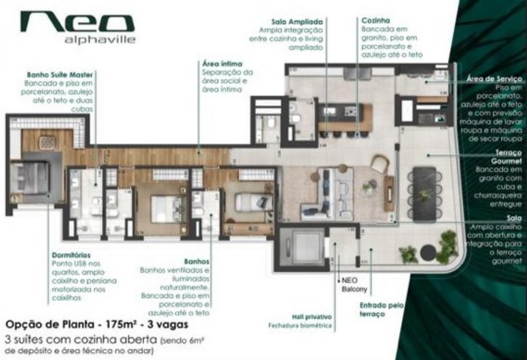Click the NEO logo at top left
click(x=77, y=23)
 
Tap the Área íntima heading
click(x=222, y=64)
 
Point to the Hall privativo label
click(x=312, y=317)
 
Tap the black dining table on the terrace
click(x=424, y=193)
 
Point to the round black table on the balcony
click(x=428, y=252)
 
